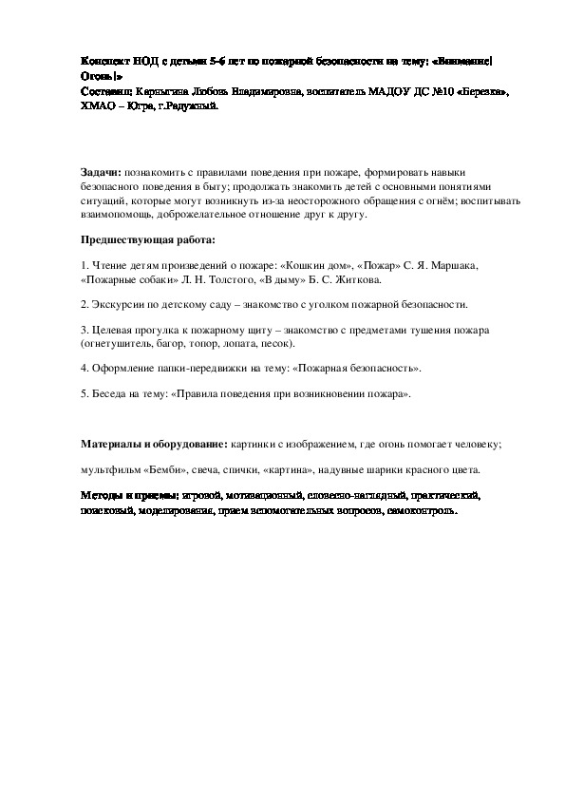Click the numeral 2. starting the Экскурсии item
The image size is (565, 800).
pyautogui.click(x=85, y=305)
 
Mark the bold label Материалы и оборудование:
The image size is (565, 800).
pyautogui.click(x=153, y=444)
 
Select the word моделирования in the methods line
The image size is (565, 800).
pyautogui.click(x=170, y=509)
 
